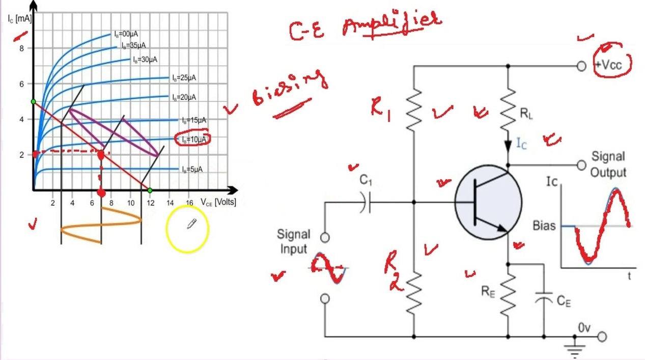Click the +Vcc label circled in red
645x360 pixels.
613,65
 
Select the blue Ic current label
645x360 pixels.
521,144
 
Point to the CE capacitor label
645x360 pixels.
564,301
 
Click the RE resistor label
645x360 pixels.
488,291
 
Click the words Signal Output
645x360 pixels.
608,164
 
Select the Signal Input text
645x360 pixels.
293,241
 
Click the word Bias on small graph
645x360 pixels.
544,225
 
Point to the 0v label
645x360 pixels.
584,328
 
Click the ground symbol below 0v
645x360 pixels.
575,350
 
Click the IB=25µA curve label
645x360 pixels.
184,78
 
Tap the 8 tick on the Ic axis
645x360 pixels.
21,48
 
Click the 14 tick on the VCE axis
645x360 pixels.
170,203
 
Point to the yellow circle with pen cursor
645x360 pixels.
187,229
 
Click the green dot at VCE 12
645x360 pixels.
150,190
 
